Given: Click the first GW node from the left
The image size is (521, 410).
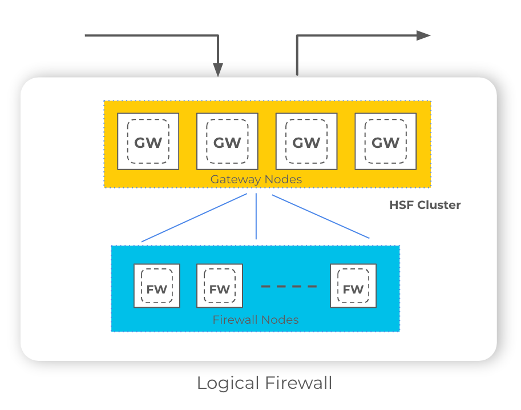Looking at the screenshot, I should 148,141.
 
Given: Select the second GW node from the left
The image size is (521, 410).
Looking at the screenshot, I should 227,141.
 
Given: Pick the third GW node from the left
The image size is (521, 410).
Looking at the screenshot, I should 306,141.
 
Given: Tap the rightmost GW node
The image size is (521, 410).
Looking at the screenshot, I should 385,141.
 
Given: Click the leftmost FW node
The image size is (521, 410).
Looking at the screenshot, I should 156,286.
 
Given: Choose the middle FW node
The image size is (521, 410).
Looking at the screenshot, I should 219,286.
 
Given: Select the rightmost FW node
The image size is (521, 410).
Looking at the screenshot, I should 353,286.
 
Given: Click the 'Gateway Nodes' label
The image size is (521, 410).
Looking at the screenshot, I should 256,179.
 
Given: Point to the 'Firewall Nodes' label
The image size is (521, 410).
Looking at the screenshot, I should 255,320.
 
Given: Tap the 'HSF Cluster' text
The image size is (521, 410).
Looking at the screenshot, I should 425,205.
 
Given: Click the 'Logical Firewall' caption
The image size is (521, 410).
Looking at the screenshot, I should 264,383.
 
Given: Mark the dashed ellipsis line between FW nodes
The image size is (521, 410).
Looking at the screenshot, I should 288,286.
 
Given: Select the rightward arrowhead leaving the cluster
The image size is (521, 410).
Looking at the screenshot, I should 423,35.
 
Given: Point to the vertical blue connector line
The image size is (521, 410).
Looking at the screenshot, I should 256,217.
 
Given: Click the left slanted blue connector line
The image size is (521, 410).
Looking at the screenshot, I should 194,218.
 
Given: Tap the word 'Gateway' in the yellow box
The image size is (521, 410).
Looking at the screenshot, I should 233,179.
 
